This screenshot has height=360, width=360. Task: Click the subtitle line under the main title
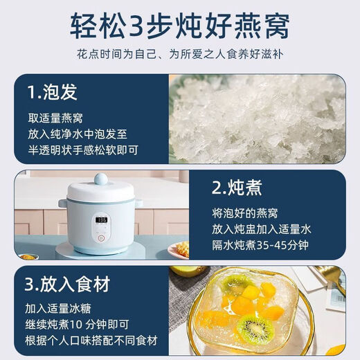180,56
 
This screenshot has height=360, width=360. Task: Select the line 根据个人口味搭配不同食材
93,341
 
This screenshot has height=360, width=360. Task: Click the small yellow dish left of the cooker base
28,257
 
